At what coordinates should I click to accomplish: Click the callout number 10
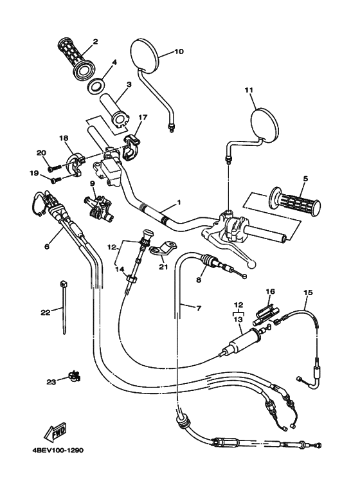179,51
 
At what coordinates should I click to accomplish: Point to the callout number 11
249,91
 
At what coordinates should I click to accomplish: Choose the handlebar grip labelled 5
295,203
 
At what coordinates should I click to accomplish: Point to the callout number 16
271,291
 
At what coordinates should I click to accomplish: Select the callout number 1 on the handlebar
179,202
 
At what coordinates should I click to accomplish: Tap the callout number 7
198,308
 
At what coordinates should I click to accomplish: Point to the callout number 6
46,246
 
